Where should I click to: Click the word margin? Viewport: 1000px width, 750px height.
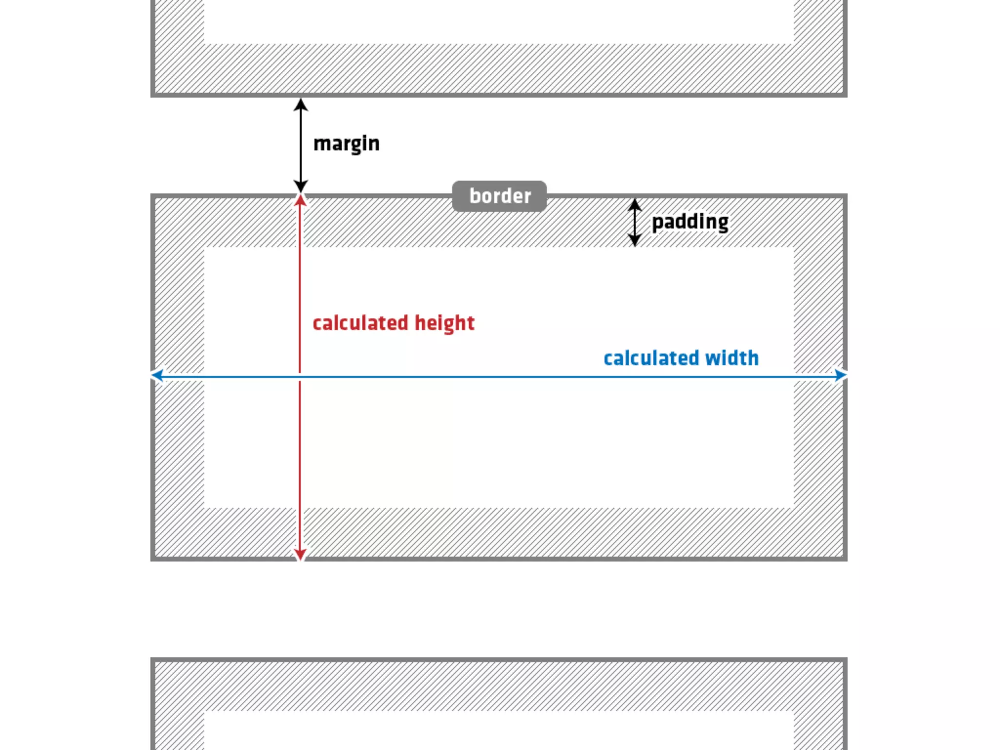pos(346,144)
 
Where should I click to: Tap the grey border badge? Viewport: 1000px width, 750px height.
pos(500,196)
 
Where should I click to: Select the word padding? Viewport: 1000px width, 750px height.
pos(690,222)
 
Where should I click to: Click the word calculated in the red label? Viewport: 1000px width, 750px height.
pos(360,323)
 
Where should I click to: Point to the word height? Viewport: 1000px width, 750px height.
pos(444,323)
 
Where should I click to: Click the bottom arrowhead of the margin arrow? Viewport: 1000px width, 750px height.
pos(301,186)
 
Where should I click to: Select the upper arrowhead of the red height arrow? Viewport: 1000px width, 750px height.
pos(300,200)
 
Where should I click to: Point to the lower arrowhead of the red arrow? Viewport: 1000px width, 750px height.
pos(300,554)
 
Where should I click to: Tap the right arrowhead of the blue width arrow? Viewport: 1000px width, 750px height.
pos(840,375)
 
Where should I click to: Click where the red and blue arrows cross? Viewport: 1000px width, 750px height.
pos(300,376)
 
